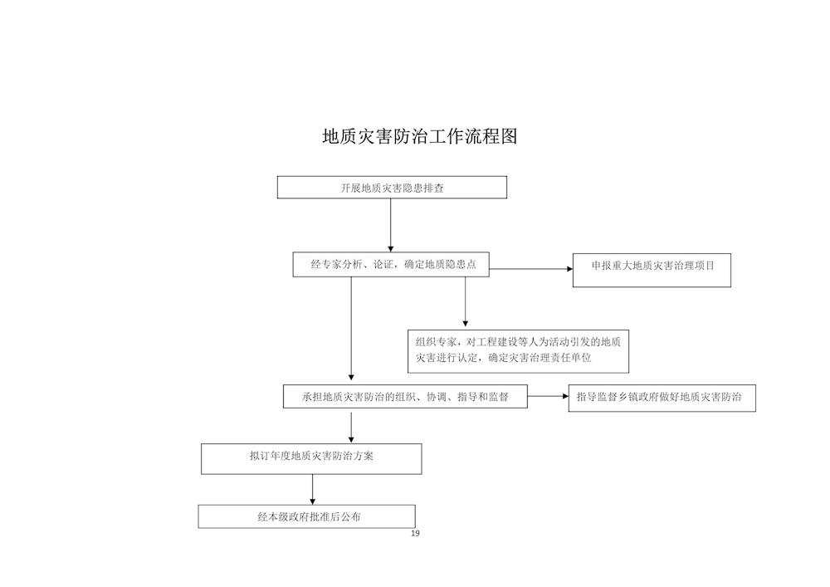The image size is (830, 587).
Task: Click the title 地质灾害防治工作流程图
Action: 420,136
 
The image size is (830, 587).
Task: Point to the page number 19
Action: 415,533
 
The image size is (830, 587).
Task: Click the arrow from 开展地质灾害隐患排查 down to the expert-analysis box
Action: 391,226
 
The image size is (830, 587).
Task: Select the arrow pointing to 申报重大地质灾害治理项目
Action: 531,269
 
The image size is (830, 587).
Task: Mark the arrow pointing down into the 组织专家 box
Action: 466,301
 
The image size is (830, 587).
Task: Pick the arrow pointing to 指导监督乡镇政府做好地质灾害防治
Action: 548,396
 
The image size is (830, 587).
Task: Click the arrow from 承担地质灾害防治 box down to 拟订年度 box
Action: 351,428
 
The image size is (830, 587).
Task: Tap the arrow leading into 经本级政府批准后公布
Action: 312,490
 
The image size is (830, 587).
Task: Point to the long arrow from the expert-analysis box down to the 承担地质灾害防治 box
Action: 351,329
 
